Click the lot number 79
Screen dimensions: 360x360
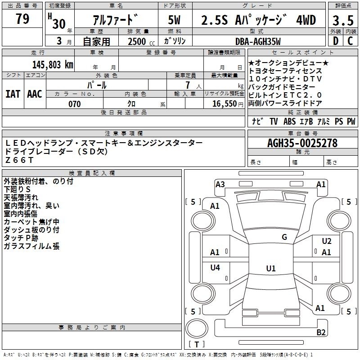[22, 18]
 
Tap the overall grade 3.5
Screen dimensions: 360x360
[343, 20]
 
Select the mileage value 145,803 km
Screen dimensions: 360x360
[53, 65]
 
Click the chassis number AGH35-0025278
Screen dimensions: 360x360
[302, 143]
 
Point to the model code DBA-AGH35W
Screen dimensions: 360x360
[258, 41]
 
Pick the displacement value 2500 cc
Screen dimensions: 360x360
[141, 41]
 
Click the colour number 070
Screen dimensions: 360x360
[75, 104]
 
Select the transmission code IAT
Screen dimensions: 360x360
[13, 94]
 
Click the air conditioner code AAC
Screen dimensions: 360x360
[35, 94]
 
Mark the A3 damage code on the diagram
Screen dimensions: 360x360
[220, 184]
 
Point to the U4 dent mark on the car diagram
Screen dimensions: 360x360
[215, 267]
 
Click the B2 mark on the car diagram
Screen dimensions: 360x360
[321, 333]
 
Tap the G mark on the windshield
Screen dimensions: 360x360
[284, 237]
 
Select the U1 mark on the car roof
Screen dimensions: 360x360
[271, 268]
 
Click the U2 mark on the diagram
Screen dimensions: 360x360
[327, 241]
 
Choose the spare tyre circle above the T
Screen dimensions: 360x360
[197, 329]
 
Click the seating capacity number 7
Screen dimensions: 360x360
[188, 85]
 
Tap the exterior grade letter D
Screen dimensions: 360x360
[336, 41]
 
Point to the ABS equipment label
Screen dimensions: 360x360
[289, 121]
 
